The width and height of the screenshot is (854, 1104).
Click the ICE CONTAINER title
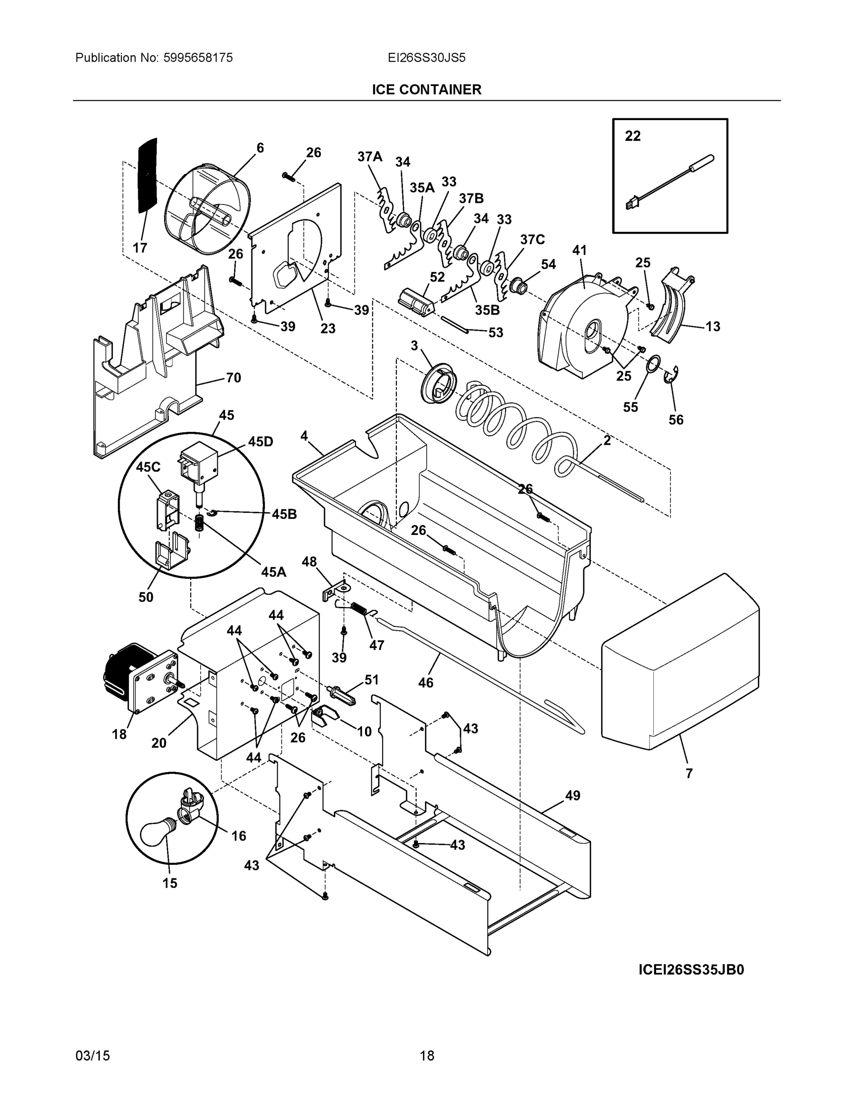coord(426,90)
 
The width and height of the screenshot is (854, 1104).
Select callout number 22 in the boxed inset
coord(633,136)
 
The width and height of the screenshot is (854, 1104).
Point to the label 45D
coord(260,442)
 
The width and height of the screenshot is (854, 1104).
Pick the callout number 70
coord(233,378)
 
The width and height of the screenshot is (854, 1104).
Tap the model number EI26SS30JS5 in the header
coord(426,57)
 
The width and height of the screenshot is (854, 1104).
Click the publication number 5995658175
coord(198,57)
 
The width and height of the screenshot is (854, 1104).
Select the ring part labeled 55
coord(653,362)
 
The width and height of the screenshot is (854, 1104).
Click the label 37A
coord(370,157)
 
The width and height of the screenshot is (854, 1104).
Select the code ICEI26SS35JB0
coord(691,970)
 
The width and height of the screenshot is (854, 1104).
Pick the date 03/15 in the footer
coord(93,1056)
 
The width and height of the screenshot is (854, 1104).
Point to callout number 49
coord(572,796)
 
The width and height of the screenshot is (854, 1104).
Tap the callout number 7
coord(689,773)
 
